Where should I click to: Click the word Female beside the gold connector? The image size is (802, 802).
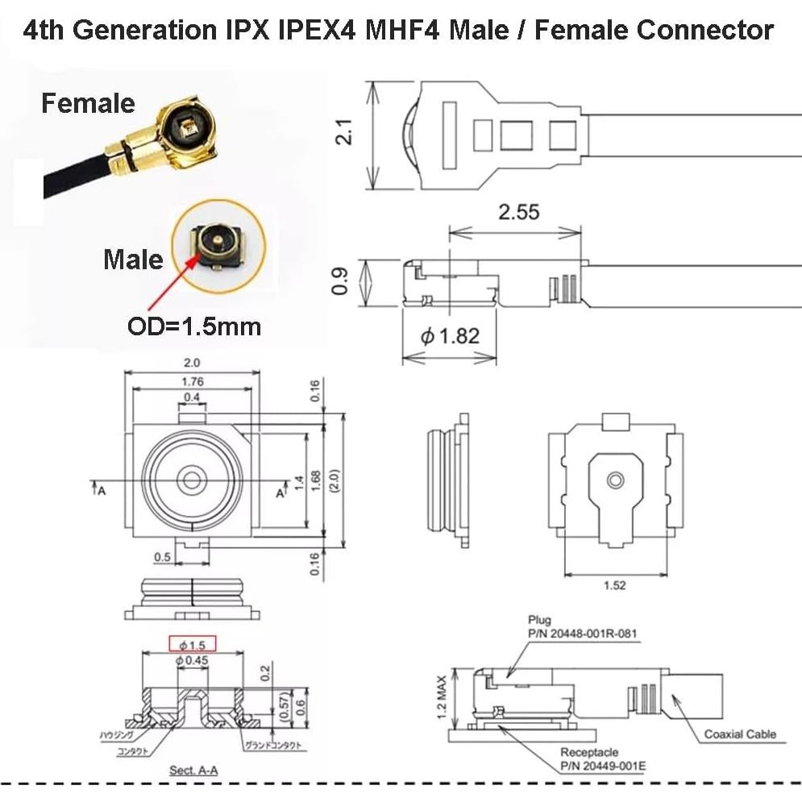click(88, 104)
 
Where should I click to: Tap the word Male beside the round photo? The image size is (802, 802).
click(132, 260)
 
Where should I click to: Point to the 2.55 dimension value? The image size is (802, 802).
click(518, 213)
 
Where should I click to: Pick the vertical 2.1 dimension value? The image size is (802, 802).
click(345, 132)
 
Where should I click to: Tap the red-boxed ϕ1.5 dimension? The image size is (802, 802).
click(193, 644)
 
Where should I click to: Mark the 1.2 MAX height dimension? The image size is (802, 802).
click(441, 698)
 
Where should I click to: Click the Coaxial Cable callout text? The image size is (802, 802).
click(740, 733)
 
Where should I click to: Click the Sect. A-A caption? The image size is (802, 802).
click(193, 771)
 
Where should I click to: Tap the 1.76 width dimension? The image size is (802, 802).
click(192, 381)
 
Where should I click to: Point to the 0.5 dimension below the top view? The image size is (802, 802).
click(162, 557)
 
